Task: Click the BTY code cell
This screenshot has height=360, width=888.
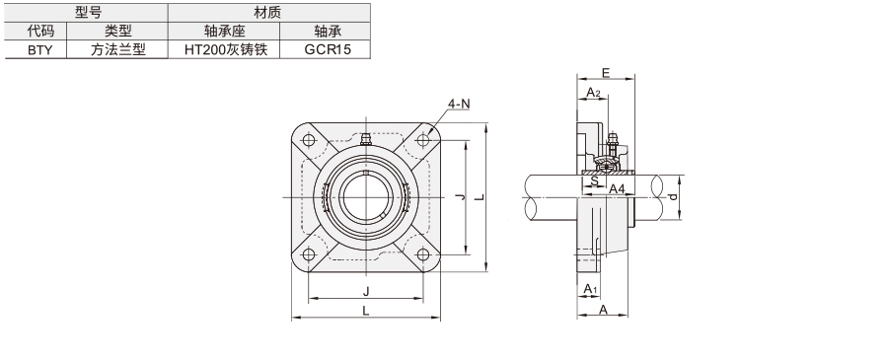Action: click(39, 49)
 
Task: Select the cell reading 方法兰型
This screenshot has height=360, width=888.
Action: click(117, 49)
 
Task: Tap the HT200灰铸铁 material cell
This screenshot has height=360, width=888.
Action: click(225, 49)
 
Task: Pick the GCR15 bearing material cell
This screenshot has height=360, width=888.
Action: click(327, 49)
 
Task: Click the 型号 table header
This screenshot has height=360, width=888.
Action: click(88, 13)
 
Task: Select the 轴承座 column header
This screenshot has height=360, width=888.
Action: click(225, 32)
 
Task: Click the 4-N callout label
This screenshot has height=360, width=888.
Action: click(459, 105)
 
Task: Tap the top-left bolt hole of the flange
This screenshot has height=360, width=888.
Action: click(309, 140)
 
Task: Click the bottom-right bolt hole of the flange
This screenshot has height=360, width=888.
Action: click(423, 254)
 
